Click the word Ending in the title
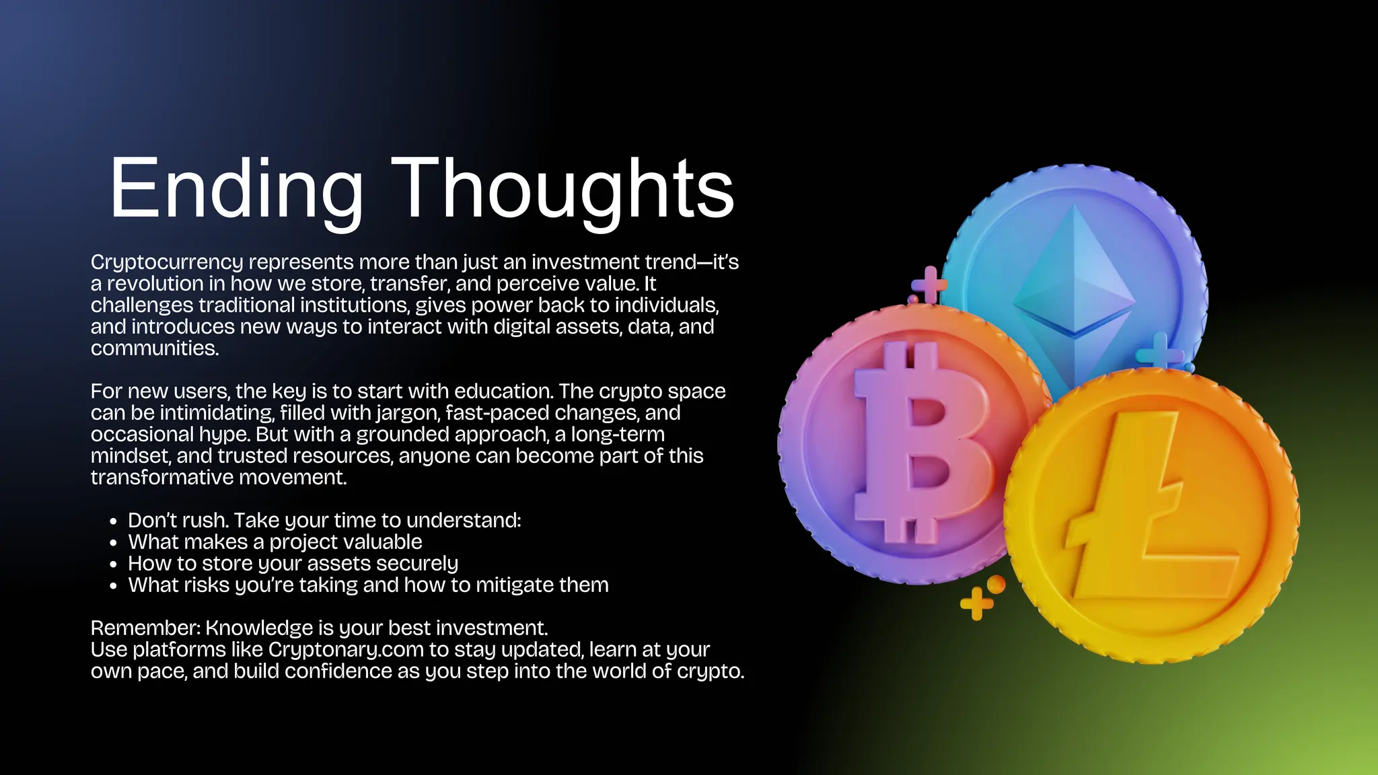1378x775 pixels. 235,189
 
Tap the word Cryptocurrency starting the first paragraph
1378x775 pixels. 167,262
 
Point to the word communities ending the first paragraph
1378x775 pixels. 154,348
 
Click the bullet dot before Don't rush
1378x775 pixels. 113,521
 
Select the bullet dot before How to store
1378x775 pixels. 113,564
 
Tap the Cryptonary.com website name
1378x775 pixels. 346,650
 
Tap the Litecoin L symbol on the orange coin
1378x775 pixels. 1144,511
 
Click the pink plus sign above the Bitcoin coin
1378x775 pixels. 930,285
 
